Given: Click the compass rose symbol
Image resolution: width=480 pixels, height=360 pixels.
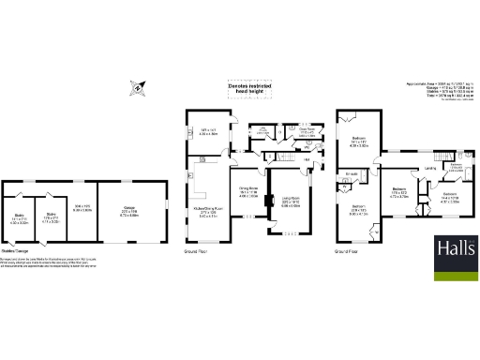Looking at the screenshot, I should pyautogui.click(x=139, y=90).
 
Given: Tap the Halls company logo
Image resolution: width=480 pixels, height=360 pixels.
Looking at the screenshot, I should pyautogui.click(x=453, y=248).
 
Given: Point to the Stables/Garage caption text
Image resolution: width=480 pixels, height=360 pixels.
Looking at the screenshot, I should pyautogui.click(x=20, y=251).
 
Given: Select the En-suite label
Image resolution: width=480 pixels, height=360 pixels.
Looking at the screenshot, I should pyautogui.click(x=353, y=173).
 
